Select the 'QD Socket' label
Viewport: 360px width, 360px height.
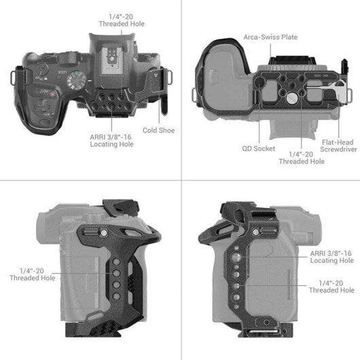click(258, 147)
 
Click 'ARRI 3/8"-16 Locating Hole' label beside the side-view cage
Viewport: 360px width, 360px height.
click(331, 256)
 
